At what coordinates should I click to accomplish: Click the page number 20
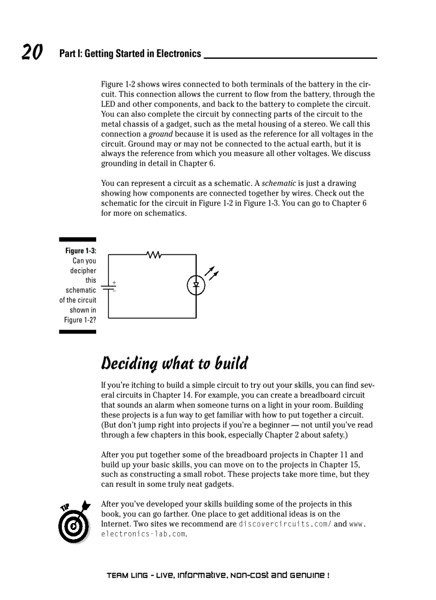(32, 52)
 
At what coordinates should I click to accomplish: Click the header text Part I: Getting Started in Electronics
(130, 53)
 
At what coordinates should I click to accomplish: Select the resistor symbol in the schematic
(154, 255)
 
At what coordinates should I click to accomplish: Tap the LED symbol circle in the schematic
(196, 286)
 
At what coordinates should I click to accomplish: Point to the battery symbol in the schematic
(108, 287)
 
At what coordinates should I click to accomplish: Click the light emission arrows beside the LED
(212, 273)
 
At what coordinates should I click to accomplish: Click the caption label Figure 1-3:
(81, 251)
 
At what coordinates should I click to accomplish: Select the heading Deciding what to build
(175, 364)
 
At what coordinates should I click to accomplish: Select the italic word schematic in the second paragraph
(278, 183)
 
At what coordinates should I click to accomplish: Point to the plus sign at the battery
(114, 282)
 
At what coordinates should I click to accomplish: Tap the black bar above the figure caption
(77, 240)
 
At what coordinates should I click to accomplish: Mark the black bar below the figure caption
(77, 332)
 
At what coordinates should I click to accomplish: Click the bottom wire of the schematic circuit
(152, 318)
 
